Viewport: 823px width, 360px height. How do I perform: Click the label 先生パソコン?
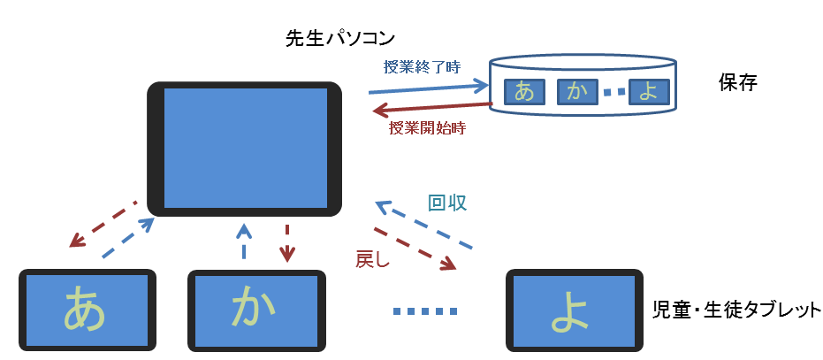(339, 38)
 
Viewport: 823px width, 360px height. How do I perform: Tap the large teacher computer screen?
(245, 149)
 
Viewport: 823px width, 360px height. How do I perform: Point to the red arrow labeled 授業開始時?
(432, 108)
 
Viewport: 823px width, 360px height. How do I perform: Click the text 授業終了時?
(423, 67)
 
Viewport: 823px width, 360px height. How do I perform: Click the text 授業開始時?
(427, 128)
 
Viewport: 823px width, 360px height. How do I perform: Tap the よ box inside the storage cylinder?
(649, 91)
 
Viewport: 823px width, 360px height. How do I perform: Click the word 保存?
(738, 83)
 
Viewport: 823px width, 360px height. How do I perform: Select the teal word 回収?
(447, 203)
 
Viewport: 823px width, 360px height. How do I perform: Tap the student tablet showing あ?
(88, 310)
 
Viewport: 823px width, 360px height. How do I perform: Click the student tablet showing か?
(256, 310)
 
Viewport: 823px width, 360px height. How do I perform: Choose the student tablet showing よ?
(575, 310)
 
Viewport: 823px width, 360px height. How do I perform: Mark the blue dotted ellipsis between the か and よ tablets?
(426, 311)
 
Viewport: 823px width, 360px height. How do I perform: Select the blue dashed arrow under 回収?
(424, 224)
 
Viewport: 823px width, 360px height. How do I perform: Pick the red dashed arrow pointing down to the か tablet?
(286, 243)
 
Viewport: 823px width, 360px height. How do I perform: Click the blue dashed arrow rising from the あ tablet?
(128, 238)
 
